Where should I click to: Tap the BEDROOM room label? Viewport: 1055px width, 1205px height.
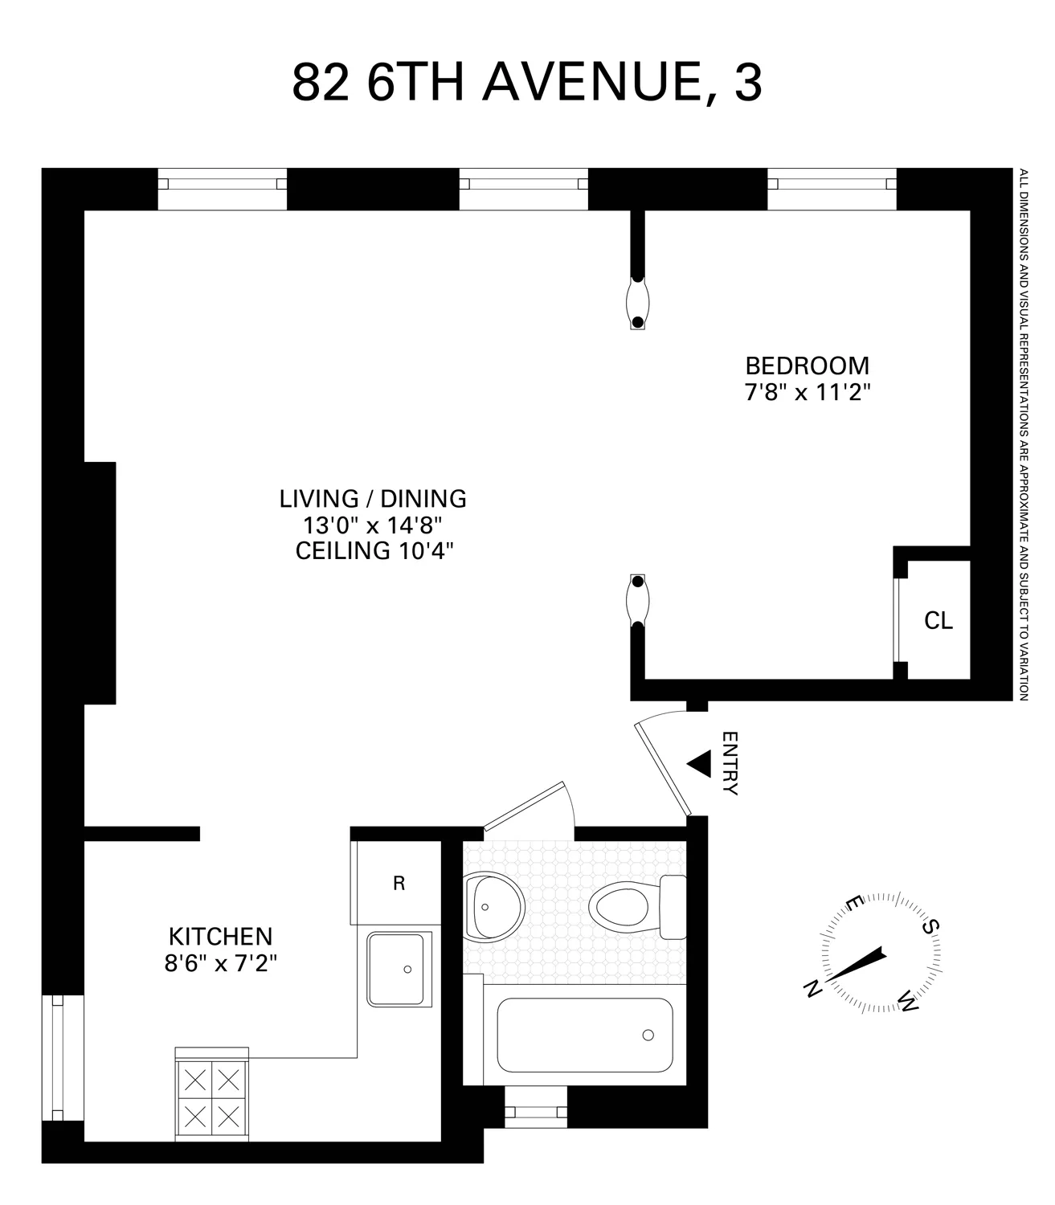click(807, 366)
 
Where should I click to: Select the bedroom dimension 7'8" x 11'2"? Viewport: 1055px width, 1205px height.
click(807, 393)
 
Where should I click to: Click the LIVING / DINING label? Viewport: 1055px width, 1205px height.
click(373, 499)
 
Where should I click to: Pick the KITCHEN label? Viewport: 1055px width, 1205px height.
click(220, 937)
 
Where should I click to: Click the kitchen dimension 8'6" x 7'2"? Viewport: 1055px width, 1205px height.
click(220, 963)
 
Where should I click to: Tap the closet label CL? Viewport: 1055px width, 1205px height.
click(938, 621)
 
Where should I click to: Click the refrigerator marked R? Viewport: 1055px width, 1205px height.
click(398, 884)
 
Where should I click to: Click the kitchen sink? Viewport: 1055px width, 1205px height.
click(399, 969)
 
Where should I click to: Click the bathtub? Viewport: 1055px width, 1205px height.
click(584, 1035)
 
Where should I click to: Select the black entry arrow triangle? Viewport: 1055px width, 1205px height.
click(698, 763)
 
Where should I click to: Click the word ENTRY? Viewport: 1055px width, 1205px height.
click(730, 763)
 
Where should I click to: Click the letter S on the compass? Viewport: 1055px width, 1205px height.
click(930, 927)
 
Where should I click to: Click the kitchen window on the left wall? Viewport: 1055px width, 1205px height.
click(57, 1058)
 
